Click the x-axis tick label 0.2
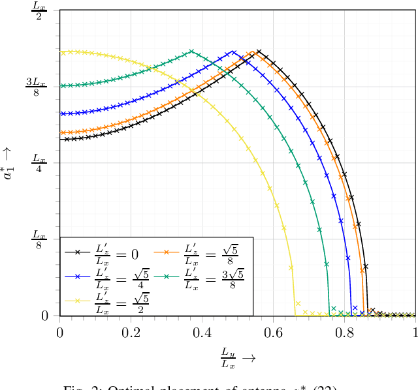pos(131,331)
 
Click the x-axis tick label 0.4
pos(202,331)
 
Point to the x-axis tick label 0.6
pos(273,331)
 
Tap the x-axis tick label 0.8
pos(344,331)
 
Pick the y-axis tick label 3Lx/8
pos(36,86)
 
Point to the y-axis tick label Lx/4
pos(39,163)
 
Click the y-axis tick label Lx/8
pos(39,239)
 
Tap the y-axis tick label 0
pos(45,316)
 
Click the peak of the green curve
pos(191,51)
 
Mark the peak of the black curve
pos(259,51)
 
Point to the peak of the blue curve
pos(232,51)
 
